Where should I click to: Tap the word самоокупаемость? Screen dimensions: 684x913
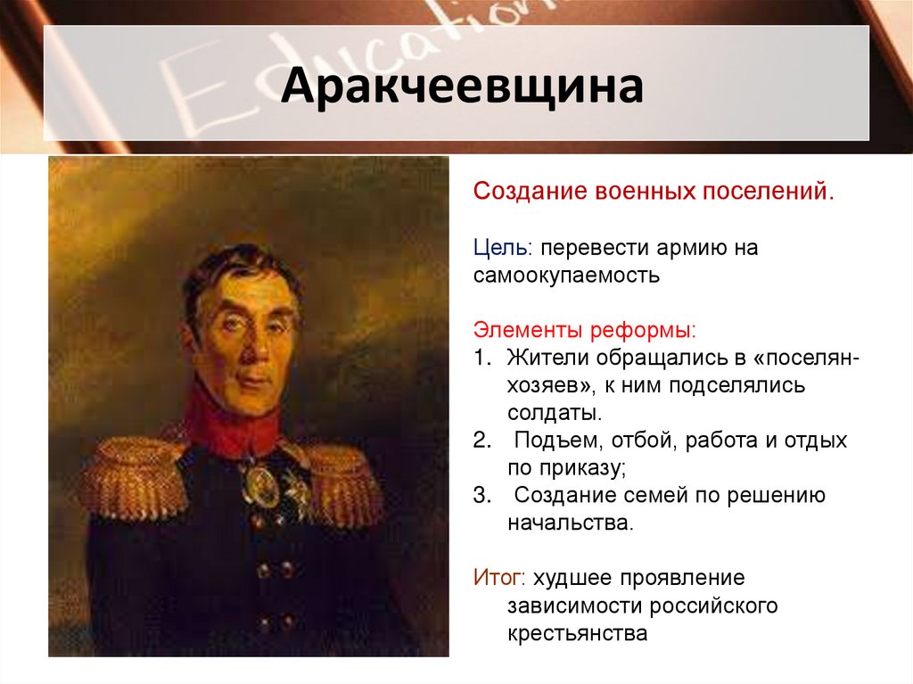point(566,276)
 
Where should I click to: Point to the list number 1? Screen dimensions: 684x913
point(481,358)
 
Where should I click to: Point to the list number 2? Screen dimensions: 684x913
point(481,441)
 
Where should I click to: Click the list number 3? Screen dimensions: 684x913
point(481,496)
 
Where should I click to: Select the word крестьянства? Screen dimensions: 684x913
point(576,633)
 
